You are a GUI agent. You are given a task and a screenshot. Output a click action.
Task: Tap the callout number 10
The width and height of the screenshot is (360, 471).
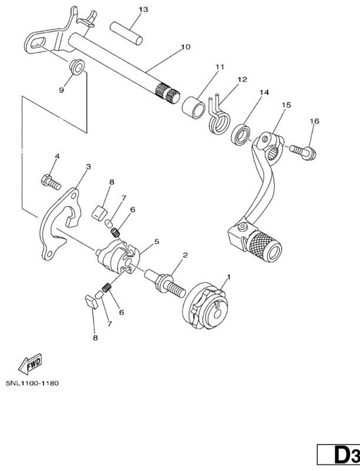tap(186, 47)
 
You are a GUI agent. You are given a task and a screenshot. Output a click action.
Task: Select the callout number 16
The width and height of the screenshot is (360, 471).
tap(315, 121)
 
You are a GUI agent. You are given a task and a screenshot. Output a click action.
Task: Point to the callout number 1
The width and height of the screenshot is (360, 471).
tap(229, 276)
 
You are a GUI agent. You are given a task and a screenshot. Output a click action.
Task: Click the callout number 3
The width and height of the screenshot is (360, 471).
tap(88, 167)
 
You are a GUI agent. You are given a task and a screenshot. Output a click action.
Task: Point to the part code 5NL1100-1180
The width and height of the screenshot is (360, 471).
tap(32, 383)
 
